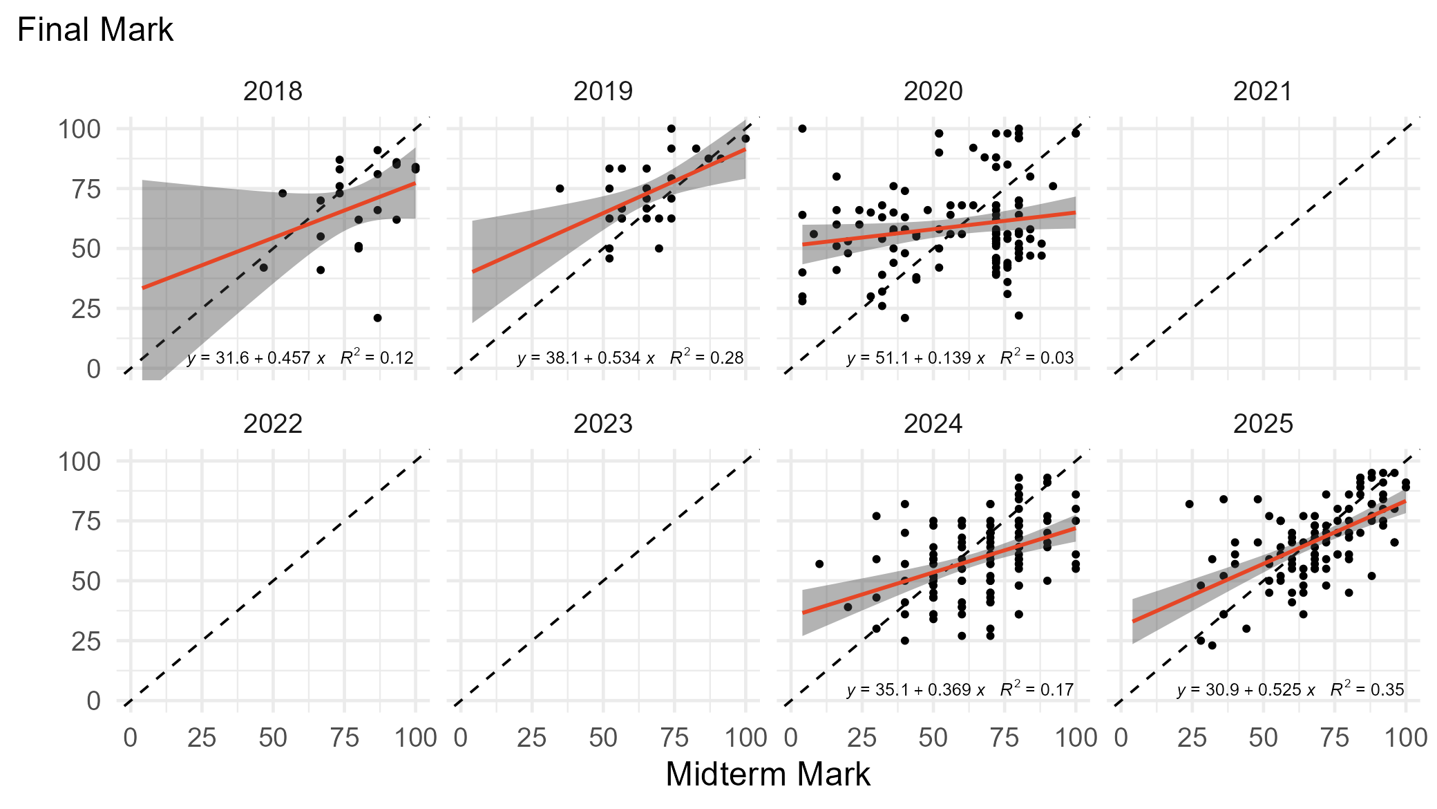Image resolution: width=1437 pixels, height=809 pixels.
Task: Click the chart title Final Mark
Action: coord(95,30)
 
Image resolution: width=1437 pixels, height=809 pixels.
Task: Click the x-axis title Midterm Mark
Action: coord(768,774)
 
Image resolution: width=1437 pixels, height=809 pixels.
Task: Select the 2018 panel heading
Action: coord(273,91)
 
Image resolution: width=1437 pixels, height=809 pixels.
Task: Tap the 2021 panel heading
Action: coord(1262,91)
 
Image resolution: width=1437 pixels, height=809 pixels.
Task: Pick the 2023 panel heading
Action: coord(602,423)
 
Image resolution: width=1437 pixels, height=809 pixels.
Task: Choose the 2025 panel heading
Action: coord(1262,423)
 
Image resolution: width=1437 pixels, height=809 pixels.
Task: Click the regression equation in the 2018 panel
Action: coord(256,358)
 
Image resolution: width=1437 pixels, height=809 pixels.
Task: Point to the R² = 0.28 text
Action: coord(707,357)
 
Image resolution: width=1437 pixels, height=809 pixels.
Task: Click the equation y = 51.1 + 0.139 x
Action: coord(915,358)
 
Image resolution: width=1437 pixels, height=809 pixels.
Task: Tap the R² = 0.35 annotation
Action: coord(1367,689)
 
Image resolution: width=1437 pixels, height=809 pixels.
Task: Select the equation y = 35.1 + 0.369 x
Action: coord(915,690)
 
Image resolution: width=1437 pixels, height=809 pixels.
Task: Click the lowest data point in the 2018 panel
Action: coord(378,318)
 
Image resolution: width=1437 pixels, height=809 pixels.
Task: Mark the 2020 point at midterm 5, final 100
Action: coord(802,129)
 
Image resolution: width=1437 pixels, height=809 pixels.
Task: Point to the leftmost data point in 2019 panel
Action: coord(560,189)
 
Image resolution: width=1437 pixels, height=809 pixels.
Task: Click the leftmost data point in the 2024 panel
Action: coord(819,564)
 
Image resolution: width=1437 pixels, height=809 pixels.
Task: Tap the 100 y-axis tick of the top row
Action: coord(79,129)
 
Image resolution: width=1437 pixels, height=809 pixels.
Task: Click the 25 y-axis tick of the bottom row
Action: coord(86,642)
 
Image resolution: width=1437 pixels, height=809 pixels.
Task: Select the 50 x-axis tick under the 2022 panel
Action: coord(273,738)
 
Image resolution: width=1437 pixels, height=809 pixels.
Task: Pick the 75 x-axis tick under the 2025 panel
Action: coord(1334,738)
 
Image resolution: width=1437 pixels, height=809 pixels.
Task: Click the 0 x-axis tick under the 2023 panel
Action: coord(461,738)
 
